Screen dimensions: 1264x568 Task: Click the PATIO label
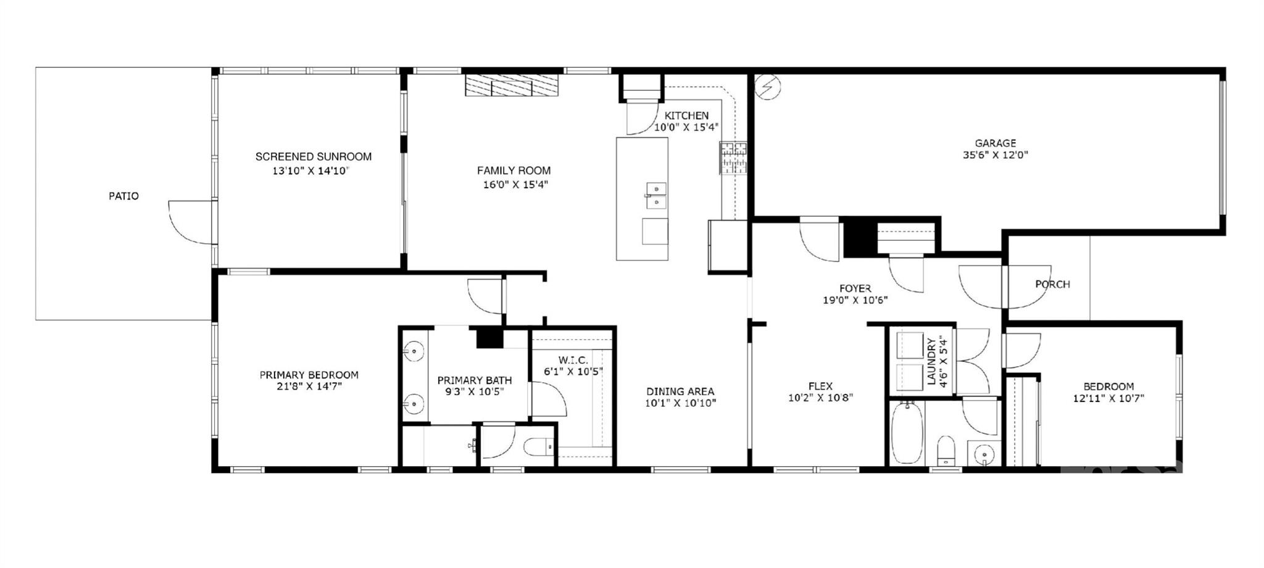124,196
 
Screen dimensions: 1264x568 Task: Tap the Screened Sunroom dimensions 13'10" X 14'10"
311,171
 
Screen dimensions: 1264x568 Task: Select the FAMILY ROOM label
514,170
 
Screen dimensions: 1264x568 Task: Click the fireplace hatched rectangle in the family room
511,85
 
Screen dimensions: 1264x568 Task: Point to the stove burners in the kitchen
733,157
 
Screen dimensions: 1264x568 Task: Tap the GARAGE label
996,143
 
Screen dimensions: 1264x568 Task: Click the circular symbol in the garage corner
768,87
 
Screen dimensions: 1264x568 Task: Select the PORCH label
1052,285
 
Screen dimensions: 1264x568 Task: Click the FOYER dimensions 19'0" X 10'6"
855,301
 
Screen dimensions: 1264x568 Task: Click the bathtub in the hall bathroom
907,433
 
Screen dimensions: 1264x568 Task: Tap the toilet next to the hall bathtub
945,451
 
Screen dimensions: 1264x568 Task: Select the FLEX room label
821,387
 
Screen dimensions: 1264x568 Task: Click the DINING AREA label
680,391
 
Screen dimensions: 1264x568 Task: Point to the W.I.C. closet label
573,360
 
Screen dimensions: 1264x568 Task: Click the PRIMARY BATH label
475,380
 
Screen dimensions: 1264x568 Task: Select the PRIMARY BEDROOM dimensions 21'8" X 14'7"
309,387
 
